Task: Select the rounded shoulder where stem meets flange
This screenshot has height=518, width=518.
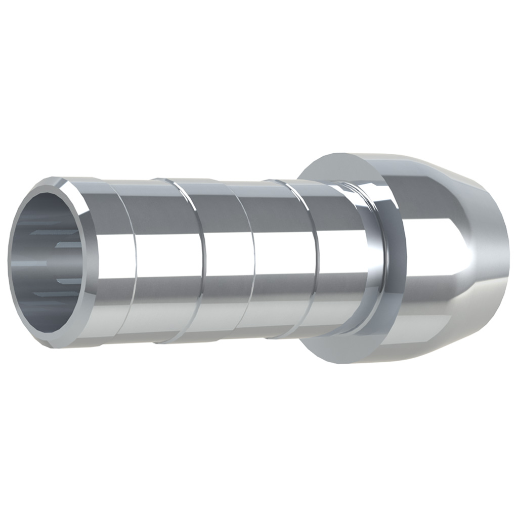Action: click(x=372, y=263)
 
